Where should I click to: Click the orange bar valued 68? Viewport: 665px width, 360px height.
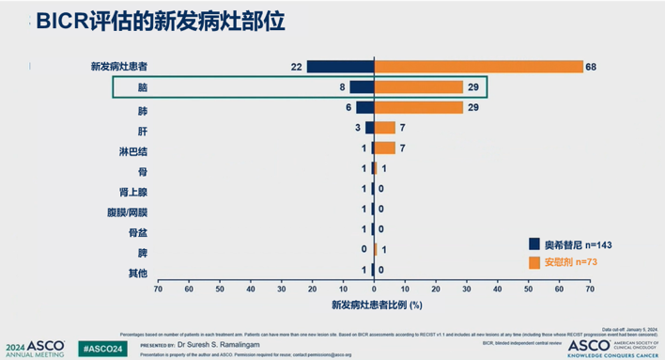coord(478,67)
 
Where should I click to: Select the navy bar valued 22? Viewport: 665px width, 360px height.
coord(340,67)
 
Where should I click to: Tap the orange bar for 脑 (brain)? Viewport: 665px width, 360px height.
coord(419,87)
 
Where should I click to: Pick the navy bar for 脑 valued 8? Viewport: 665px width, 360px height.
coord(362,87)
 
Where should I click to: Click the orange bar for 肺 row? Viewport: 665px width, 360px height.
coord(419,108)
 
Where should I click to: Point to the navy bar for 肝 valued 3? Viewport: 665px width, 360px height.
coord(369,128)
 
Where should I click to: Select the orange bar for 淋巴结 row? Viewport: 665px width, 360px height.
coord(385,149)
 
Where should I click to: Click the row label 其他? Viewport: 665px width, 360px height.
coord(136,273)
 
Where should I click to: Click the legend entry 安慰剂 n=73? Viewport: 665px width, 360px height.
coord(564,261)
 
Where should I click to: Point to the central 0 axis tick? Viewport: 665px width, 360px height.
coord(374,290)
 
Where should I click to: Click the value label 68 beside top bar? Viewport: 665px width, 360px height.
coord(591,67)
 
